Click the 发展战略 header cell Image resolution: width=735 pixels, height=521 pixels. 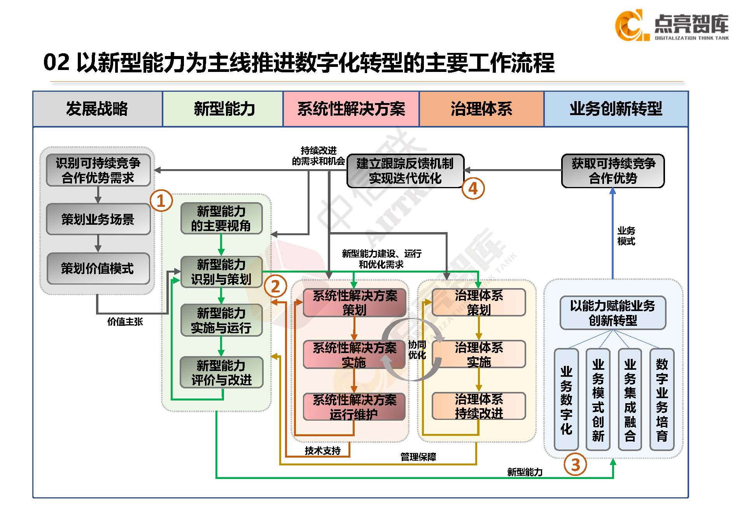click(x=97, y=109)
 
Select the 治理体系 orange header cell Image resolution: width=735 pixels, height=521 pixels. click(x=481, y=109)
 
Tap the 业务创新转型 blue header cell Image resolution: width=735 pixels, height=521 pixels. click(x=616, y=109)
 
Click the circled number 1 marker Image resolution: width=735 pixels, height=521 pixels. click(x=161, y=201)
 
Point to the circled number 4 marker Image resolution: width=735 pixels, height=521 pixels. click(x=473, y=189)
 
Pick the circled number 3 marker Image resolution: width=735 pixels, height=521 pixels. click(x=576, y=465)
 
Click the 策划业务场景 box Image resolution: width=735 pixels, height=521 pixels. click(x=98, y=219)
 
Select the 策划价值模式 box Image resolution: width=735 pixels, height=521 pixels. click(x=98, y=268)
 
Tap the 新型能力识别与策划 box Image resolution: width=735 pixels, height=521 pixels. click(x=221, y=272)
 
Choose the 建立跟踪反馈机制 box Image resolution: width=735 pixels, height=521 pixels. click(x=405, y=171)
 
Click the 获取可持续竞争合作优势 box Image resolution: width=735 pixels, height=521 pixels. click(x=613, y=171)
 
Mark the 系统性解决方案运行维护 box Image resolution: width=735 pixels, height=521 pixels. click(x=354, y=407)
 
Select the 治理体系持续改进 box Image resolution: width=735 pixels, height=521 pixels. click(x=479, y=406)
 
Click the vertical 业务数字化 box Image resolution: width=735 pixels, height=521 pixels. click(x=566, y=400)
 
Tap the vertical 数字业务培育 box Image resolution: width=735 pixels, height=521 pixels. click(x=661, y=400)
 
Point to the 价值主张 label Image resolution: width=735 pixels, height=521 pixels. click(x=125, y=322)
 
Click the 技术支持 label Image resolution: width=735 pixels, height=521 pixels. click(x=323, y=451)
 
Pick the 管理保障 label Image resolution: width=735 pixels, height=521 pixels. click(x=418, y=457)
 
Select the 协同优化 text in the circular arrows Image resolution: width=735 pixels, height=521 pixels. click(x=417, y=350)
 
